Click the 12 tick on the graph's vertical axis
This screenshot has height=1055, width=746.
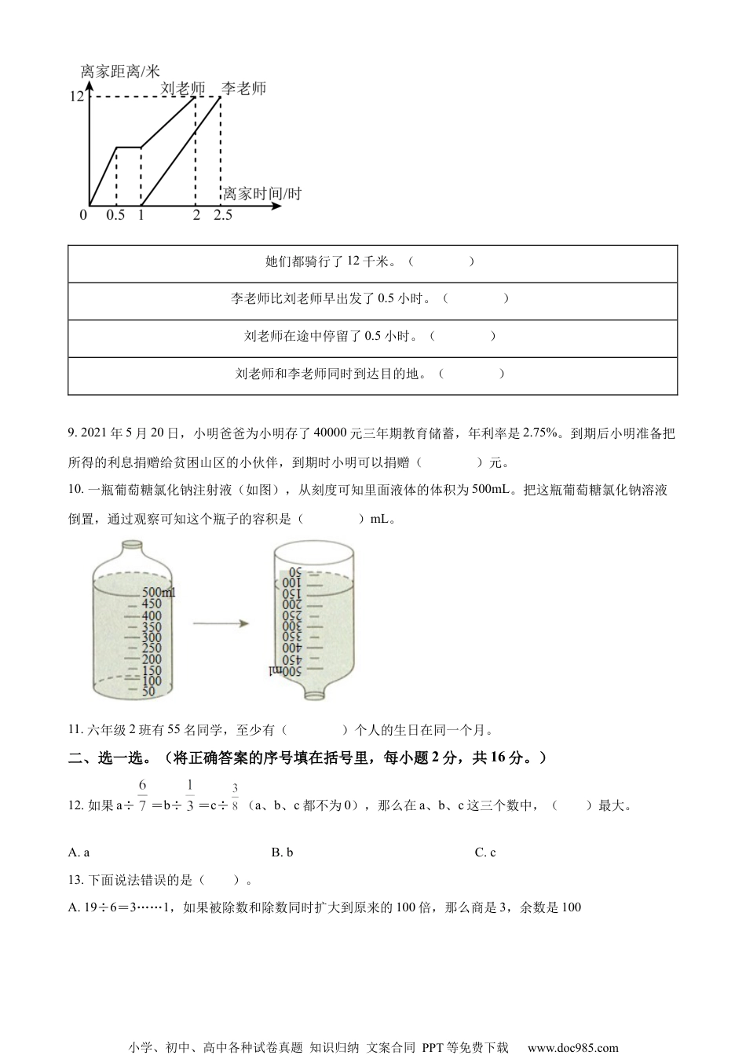(x=76, y=97)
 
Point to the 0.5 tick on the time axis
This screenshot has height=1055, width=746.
(x=115, y=215)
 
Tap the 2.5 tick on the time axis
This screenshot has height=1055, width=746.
(x=223, y=215)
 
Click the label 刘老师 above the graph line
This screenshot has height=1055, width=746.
(x=182, y=89)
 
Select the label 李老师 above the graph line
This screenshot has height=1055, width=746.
(x=243, y=88)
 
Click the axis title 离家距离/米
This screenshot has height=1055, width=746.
(x=120, y=71)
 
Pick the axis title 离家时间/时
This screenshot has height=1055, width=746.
(x=262, y=194)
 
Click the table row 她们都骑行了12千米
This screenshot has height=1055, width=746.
(x=372, y=261)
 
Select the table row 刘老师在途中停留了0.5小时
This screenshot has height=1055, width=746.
(x=372, y=337)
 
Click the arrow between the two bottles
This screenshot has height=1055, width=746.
(x=221, y=624)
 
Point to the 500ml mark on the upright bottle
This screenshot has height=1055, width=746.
(x=158, y=592)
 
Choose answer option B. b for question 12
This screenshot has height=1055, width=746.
(x=282, y=852)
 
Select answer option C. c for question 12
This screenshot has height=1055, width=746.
(x=485, y=852)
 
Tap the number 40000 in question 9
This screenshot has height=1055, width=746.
(x=330, y=433)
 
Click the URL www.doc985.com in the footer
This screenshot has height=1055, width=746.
(x=572, y=1047)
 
